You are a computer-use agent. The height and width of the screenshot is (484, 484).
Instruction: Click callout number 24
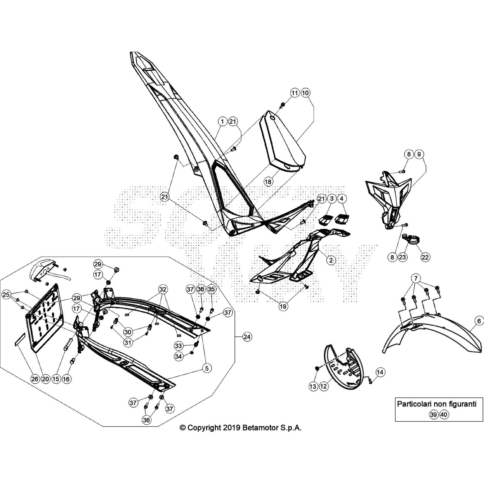click(247, 336)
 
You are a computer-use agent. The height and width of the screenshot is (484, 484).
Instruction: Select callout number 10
click(305, 93)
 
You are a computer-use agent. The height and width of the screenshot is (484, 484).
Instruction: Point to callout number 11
click(295, 93)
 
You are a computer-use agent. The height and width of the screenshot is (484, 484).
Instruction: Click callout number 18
click(268, 181)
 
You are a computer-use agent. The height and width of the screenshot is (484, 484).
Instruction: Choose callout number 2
click(331, 260)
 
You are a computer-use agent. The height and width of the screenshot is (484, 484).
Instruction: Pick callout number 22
click(425, 257)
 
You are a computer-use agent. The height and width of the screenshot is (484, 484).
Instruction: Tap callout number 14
click(380, 372)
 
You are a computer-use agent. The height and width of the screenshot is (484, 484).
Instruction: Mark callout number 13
click(313, 386)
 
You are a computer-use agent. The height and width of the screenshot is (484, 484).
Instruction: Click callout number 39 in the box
click(433, 414)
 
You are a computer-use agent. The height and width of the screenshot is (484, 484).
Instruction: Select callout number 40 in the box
click(444, 414)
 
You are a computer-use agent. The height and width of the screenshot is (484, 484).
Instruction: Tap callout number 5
click(207, 368)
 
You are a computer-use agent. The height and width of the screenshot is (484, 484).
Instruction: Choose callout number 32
click(163, 289)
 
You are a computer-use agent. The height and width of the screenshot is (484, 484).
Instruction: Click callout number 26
click(35, 379)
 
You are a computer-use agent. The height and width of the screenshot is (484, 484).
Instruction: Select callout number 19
click(283, 306)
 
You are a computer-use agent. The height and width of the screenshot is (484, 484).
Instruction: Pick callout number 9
click(419, 154)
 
